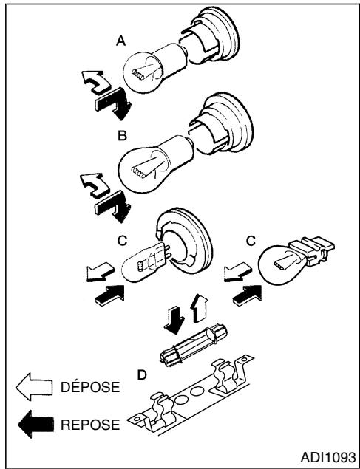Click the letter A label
coord(120,44)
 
